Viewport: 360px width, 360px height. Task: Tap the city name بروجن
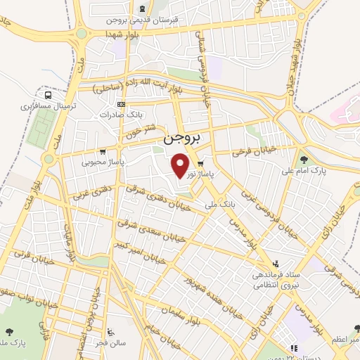pos(186,140)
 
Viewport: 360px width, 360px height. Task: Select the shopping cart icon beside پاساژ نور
pos(208,160)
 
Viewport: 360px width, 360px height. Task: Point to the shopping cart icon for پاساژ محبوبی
pos(103,151)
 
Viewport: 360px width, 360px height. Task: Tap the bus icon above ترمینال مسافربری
pos(48,95)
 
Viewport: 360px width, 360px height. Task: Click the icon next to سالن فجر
pos(110,332)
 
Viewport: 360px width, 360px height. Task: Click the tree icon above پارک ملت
pos(9,331)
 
